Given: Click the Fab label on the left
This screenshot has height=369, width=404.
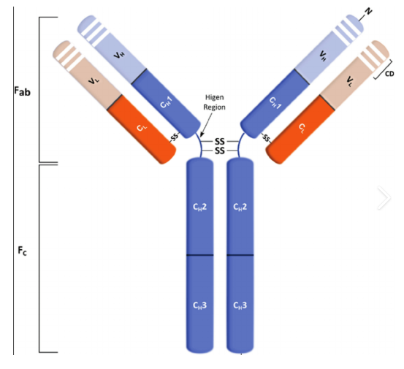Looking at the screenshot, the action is coord(22,91).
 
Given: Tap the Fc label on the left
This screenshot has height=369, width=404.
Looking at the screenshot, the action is coord(22,251).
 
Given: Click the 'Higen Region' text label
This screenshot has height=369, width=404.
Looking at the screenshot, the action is coord(214,102).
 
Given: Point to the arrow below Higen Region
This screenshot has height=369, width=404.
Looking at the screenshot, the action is coord(206,125).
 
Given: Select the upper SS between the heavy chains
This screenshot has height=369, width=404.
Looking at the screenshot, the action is coord(219,142).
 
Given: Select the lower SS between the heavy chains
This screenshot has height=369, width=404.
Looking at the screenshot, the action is coord(219,151).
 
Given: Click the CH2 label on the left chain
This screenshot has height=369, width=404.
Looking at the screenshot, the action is coord(199,207).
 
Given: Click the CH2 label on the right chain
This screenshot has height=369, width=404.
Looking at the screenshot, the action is coord(240,207).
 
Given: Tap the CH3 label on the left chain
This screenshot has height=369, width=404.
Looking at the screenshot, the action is coord(199,305).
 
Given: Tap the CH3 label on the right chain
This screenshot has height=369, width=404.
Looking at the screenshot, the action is coord(240,305).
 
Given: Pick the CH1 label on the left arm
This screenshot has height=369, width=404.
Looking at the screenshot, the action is coord(166,102).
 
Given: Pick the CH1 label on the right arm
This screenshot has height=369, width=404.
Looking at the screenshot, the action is coord(275,103).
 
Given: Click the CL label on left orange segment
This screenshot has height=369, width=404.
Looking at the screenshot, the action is coord(142,127).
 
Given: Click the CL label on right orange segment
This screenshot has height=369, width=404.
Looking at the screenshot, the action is coord(302,128).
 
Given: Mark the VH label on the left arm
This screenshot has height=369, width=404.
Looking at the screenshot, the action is coord(119,55).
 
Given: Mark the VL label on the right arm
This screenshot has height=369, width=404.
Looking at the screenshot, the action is coord(350,81).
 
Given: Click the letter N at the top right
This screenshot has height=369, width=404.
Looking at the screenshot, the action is coord(368,12).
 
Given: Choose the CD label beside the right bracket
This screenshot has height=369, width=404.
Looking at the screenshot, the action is coord(389,74).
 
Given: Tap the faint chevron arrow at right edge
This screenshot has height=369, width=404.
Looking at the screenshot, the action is coord(384,197).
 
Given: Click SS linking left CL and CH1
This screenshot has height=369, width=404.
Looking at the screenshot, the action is coord(175,137).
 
